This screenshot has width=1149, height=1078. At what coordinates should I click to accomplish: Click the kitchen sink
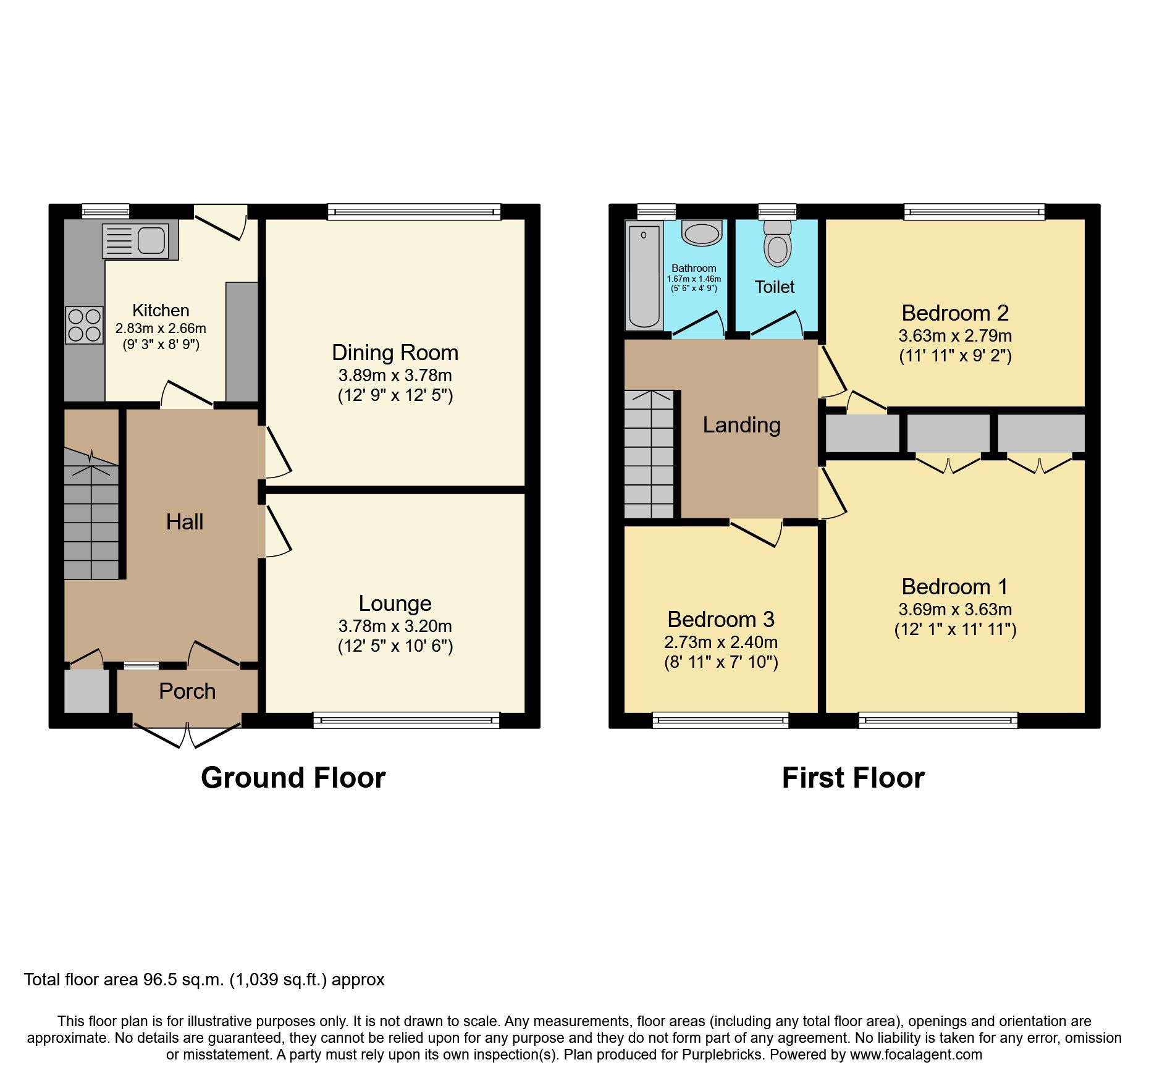(140, 240)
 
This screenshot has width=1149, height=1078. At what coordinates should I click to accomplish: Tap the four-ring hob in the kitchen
(85, 325)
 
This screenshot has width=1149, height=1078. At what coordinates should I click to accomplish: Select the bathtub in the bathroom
(644, 276)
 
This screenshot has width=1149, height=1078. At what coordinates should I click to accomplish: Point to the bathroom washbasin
(701, 234)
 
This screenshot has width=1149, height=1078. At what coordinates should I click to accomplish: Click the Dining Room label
(395, 353)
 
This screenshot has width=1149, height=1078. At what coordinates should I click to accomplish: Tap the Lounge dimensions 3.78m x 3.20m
(395, 626)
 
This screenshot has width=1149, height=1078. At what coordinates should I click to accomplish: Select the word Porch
(187, 691)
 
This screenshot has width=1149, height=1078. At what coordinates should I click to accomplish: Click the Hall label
(184, 522)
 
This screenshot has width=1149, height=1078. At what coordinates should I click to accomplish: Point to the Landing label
(741, 425)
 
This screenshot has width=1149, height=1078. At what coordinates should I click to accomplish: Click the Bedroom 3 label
(720, 619)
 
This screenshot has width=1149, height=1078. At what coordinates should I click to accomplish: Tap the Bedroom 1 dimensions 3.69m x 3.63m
(954, 610)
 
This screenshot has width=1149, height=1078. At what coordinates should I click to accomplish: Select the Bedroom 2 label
(954, 313)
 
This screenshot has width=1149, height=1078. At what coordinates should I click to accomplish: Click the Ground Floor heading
(293, 778)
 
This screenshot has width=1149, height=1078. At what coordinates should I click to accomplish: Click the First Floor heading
(852, 778)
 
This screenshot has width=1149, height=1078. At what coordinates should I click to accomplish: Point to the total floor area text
(204, 980)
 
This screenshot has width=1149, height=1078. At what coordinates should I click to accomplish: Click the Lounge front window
(406, 720)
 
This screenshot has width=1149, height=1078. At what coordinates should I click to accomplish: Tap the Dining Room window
(414, 212)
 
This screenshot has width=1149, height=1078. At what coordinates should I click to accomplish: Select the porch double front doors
(187, 735)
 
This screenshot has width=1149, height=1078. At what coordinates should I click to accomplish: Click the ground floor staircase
(91, 519)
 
